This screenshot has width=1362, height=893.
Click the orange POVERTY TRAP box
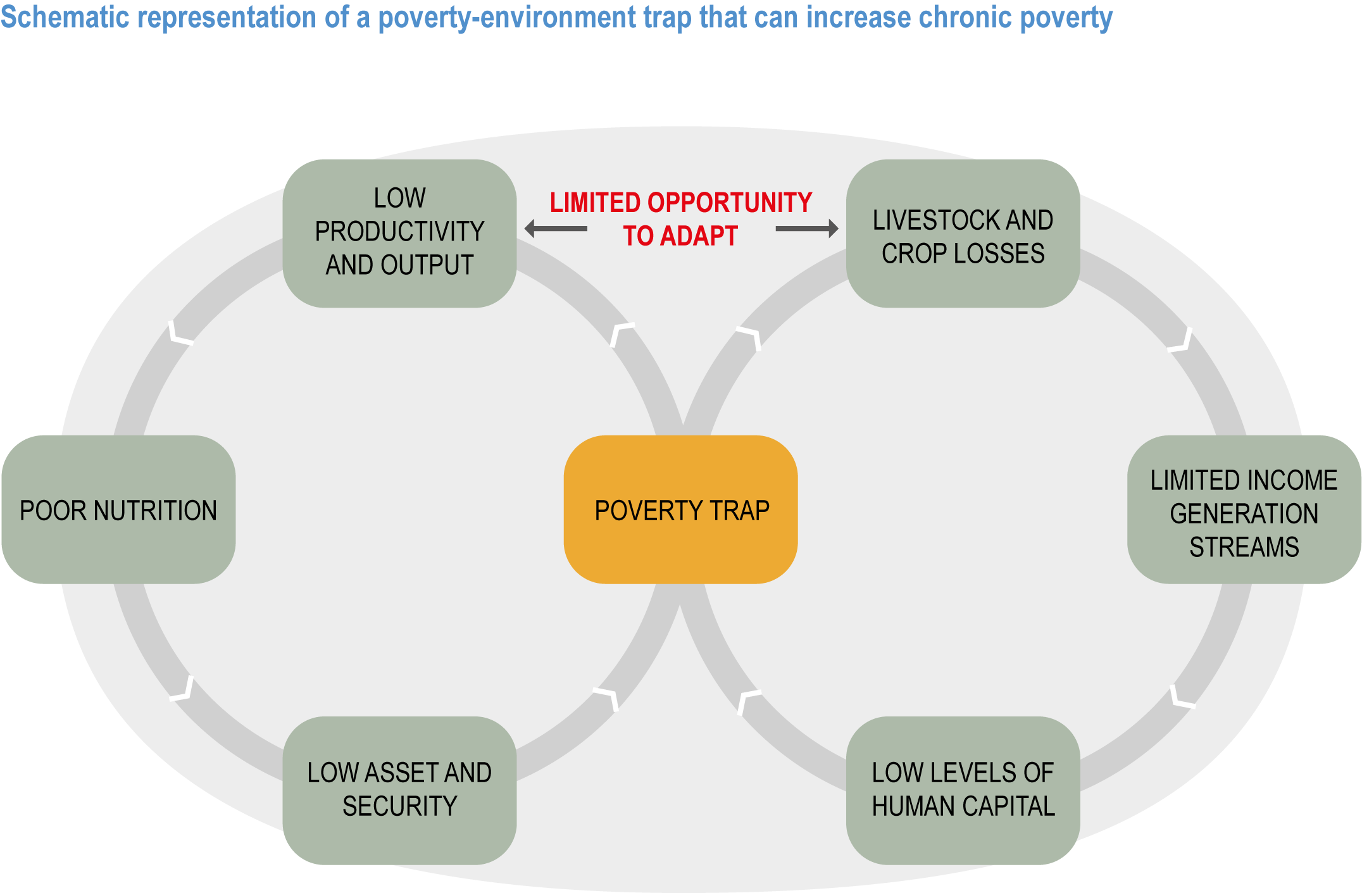(681, 509)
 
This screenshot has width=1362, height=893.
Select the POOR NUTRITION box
(118, 509)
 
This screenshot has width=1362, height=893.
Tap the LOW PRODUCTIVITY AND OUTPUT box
(399, 234)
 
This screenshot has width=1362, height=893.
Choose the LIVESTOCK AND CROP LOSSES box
(963, 234)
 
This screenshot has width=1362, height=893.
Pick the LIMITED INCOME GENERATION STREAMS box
(1244, 509)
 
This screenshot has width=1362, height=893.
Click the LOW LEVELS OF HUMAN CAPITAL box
(963, 790)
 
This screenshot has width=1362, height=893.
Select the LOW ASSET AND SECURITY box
(399, 790)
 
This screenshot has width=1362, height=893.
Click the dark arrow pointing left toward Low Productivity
(556, 228)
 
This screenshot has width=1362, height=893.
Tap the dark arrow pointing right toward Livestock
(807, 228)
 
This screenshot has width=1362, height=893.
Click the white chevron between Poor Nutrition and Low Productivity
(180, 333)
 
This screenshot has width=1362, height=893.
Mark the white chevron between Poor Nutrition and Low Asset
(182, 689)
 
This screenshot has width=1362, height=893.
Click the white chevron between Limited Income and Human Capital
(1182, 696)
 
